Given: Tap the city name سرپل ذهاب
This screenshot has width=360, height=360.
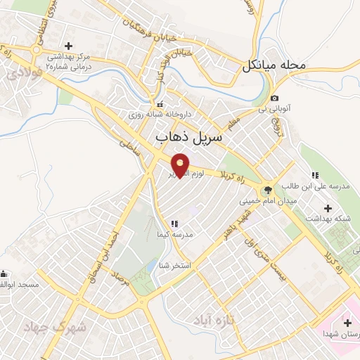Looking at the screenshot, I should [x=190, y=137].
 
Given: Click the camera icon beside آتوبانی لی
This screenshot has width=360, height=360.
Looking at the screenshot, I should [x=274, y=98].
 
